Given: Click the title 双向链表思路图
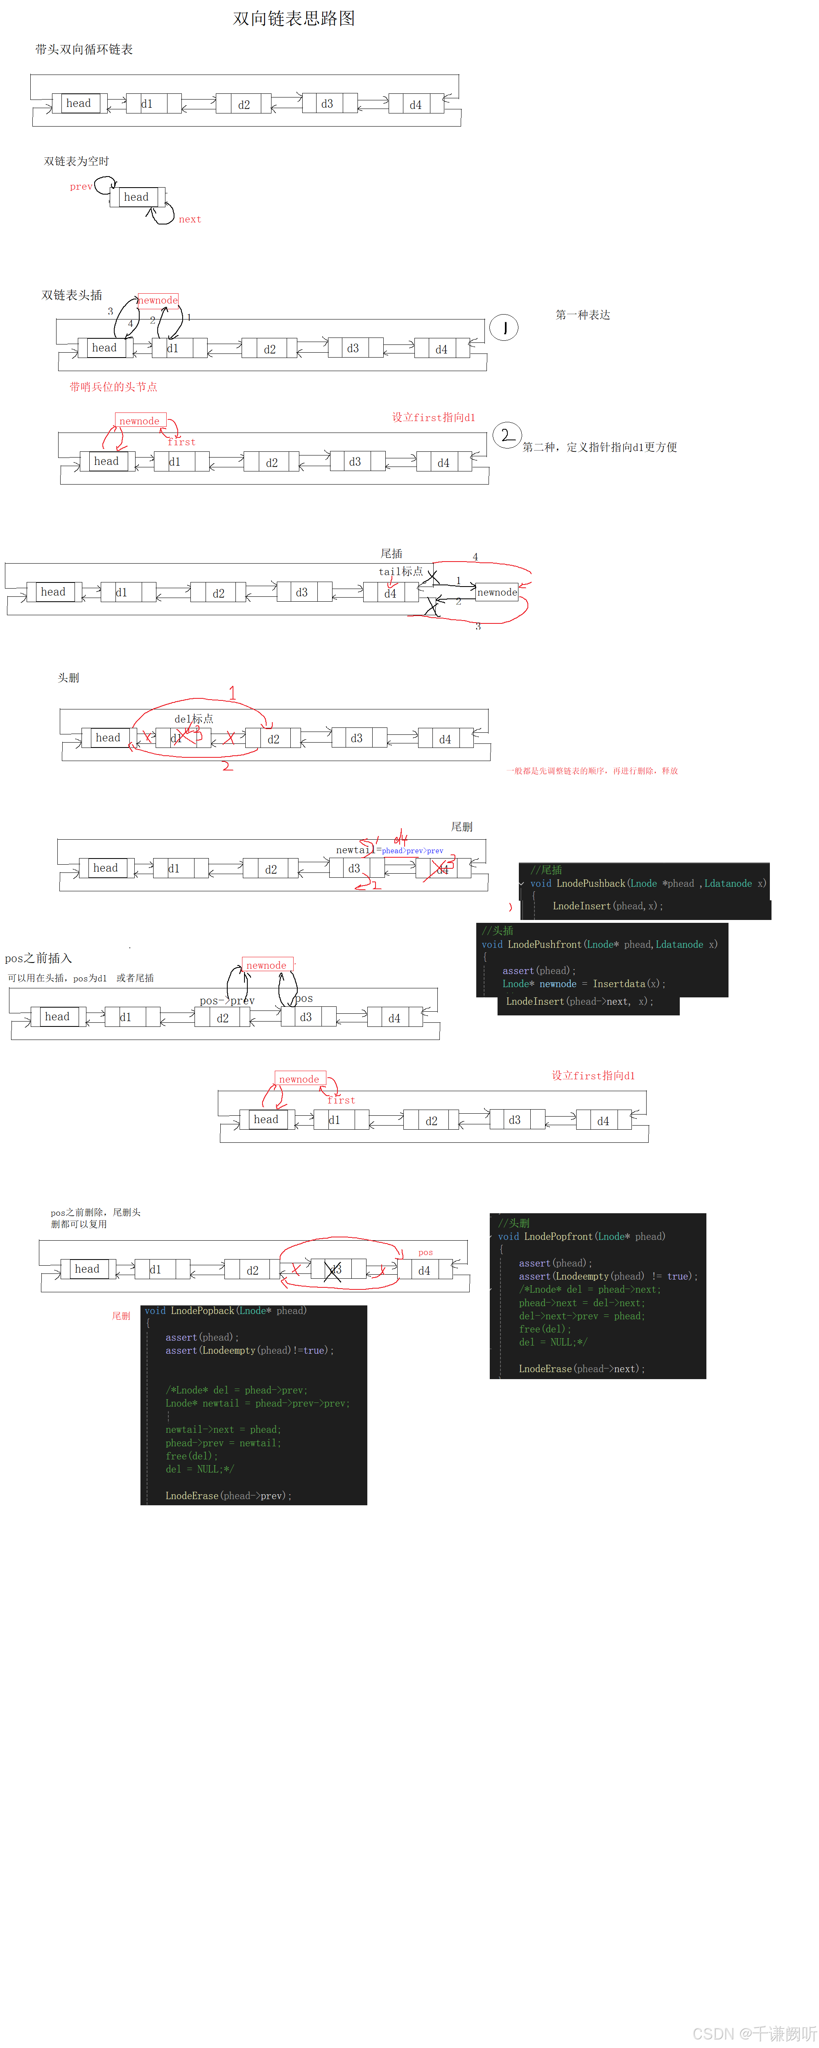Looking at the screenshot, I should pyautogui.click(x=294, y=18).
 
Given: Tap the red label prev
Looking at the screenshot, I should pyautogui.click(x=80, y=187).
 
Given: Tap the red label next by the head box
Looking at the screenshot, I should pyautogui.click(x=189, y=220).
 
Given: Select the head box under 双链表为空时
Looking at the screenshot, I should pyautogui.click(x=137, y=197).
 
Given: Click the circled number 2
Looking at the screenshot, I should pyautogui.click(x=507, y=435).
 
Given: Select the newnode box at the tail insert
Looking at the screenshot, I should pyautogui.click(x=497, y=592).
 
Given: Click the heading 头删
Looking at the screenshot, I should pyautogui.click(x=68, y=678).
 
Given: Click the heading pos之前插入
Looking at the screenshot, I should pyautogui.click(x=38, y=958).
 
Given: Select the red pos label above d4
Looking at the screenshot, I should pyautogui.click(x=425, y=1252).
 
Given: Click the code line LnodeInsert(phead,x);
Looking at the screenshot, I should pyautogui.click(x=607, y=906).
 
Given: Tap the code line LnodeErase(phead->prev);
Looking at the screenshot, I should pyautogui.click(x=228, y=1495).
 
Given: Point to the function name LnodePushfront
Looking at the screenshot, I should pyautogui.click(x=544, y=945).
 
